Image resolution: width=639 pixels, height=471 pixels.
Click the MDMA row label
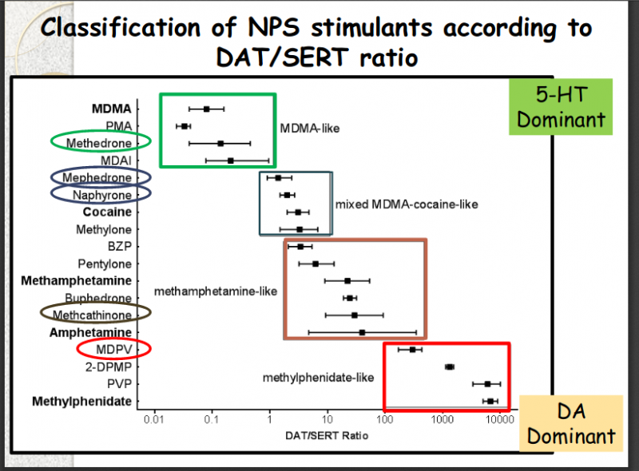coord(112,109)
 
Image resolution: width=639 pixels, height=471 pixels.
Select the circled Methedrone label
coord(99,142)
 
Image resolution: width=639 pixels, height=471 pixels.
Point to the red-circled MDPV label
coord(113,349)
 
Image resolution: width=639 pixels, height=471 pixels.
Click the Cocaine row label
coord(107,212)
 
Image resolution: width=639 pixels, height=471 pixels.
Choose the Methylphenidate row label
coord(81,401)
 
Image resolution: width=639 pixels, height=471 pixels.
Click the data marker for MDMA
coord(206,109)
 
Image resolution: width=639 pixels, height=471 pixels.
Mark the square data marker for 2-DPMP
coord(449,366)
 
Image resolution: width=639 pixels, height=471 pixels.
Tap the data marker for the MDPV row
coord(412,349)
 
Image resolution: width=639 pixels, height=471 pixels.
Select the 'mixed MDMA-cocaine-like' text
coord(406,204)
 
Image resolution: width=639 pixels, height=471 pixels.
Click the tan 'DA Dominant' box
coord(571,424)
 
